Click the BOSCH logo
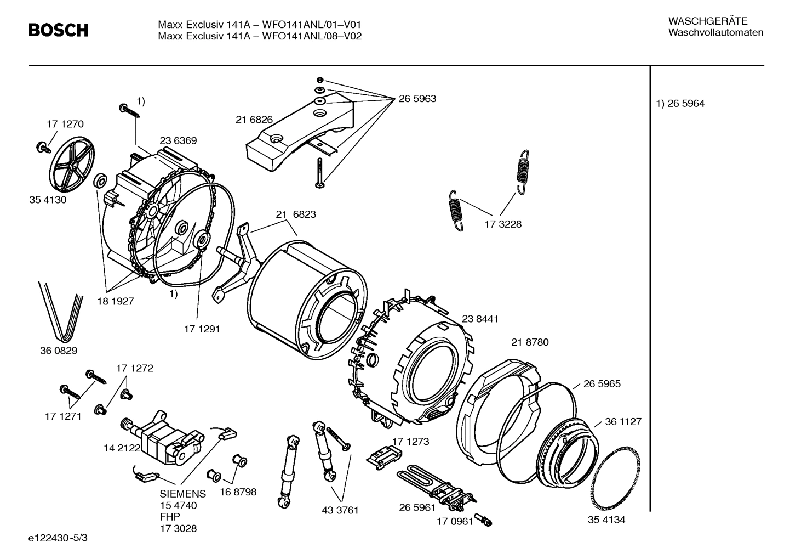[58, 30]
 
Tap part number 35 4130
[48, 200]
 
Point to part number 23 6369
[178, 141]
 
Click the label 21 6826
[254, 120]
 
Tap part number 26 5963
[417, 99]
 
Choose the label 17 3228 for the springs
[503, 224]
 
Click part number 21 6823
[296, 214]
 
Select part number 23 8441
[480, 319]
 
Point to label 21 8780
[530, 342]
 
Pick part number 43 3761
[340, 510]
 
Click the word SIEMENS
[183, 494]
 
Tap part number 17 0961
[454, 521]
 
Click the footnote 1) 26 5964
[680, 104]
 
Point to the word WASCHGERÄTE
[708, 21]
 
